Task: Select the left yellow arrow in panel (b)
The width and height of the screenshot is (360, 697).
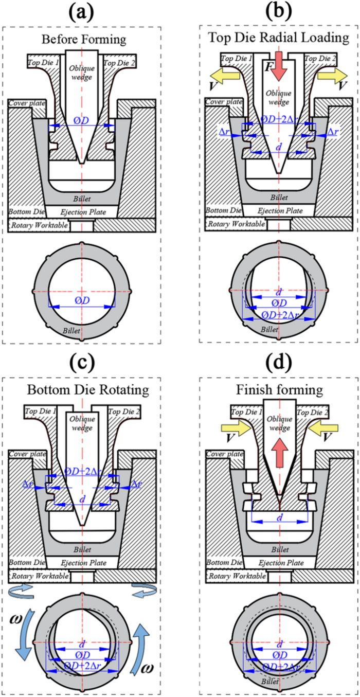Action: click(227, 75)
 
